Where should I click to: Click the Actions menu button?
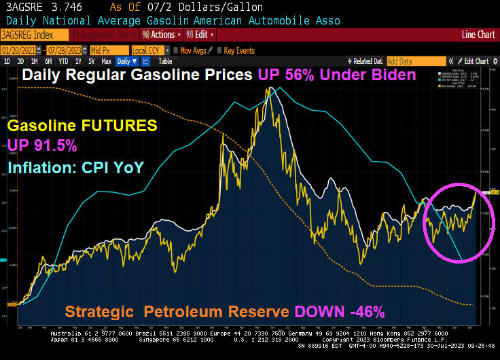click(160, 35)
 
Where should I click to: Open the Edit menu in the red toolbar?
click(199, 35)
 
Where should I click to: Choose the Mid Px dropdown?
click(108, 50)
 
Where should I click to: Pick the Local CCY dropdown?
click(149, 50)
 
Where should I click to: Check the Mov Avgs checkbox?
click(177, 50)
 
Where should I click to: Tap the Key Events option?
click(238, 50)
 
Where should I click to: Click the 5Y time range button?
click(90, 61)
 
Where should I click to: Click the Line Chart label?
click(478, 35)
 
